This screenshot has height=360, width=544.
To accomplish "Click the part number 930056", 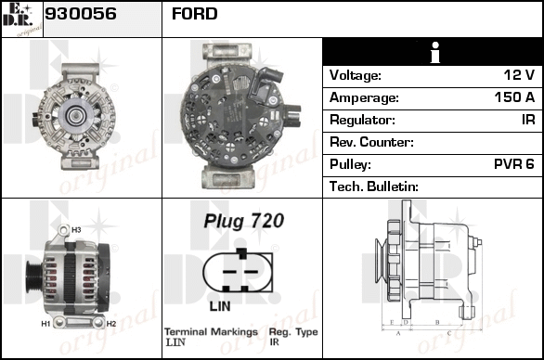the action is pos(81,14).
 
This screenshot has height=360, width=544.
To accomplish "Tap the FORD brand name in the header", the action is pos(195,14).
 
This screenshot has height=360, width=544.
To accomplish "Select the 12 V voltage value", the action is pos(519,74).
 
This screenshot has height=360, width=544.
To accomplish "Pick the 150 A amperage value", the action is pos(514,97).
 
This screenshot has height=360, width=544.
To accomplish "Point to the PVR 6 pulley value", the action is pos(513,164).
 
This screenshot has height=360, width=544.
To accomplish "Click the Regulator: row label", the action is pos(362,120).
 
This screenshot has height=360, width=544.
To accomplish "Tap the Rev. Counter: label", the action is pos(371,142).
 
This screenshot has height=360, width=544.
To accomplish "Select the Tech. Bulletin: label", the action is pos(374,186).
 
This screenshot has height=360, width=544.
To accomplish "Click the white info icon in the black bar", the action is pos(435,52).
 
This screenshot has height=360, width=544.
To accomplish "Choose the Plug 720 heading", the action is pos(244,221).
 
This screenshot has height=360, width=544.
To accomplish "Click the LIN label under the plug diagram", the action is pos(220,306).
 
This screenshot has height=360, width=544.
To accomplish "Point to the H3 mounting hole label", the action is pos(76,230).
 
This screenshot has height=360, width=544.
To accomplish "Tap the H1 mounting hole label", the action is pos(45,324).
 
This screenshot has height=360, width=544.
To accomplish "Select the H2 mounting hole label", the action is pos(111,324).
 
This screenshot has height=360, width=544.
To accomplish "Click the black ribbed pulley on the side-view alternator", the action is pos(33,277).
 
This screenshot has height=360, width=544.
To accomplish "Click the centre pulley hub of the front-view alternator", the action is pos(75,116).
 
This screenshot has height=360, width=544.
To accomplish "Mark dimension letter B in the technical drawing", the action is pos(437,322).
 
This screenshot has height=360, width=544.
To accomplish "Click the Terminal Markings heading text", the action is pos(211,332).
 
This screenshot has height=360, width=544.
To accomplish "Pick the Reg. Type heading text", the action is pos(293,332).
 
